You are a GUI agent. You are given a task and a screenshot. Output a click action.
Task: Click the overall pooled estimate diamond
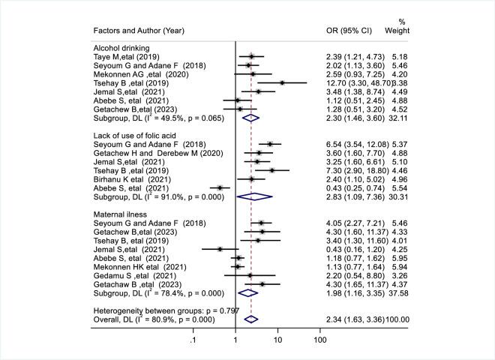pyautogui.click(x=251, y=319)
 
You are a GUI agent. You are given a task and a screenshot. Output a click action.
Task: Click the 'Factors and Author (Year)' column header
pyautogui.click(x=139, y=30)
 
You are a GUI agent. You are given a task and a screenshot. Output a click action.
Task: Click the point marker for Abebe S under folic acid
pyautogui.click(x=220, y=187)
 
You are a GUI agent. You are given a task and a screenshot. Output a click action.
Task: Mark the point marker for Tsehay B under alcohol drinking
pyautogui.click(x=282, y=82)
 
